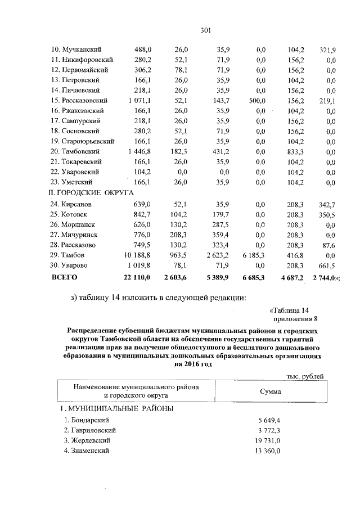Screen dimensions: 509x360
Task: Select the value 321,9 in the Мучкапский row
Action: click(x=326, y=50)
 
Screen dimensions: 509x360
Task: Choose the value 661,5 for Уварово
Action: click(x=326, y=266)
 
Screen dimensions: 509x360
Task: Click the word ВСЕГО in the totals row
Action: click(x=64, y=277)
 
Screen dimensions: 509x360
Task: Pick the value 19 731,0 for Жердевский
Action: click(x=266, y=440)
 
